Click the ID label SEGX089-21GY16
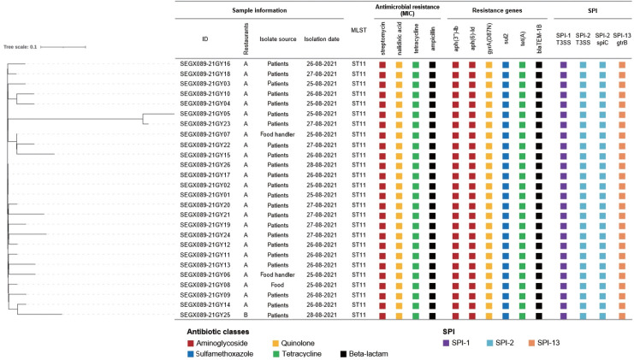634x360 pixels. click(205, 64)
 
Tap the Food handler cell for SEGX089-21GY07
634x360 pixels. click(278, 134)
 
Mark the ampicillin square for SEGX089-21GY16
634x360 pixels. click(433, 64)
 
